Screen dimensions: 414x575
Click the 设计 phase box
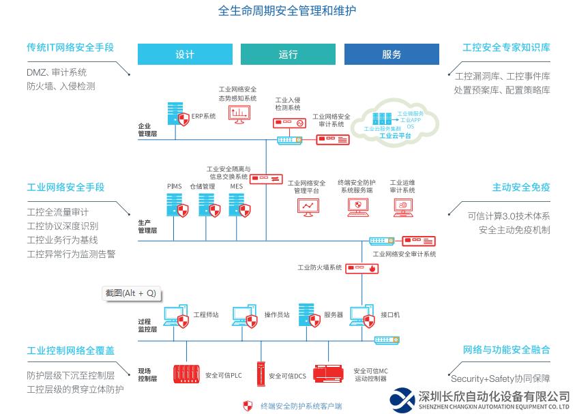185,55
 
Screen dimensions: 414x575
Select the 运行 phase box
288,55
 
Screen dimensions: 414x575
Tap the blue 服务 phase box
392,55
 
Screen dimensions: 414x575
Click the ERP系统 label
203,117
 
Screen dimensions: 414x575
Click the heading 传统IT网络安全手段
70,48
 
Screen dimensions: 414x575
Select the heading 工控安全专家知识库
506,48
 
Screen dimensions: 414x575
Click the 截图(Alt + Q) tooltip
130,293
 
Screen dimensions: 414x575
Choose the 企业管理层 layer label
147,130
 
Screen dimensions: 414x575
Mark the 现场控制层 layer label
147,374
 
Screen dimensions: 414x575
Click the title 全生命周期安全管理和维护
287,11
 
